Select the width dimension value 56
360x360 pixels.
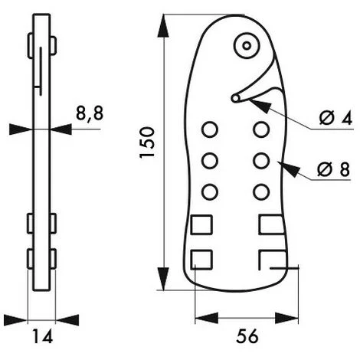pos(245,335)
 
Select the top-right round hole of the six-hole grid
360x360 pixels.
pos(261,128)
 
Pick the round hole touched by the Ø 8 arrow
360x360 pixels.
pos(261,160)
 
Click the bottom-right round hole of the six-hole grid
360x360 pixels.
pos(261,191)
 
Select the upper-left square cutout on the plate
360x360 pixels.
pos(201,225)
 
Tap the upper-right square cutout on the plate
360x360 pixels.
pos(271,225)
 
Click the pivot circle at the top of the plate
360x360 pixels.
pos(246,45)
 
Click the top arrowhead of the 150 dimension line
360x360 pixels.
pos(162,25)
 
